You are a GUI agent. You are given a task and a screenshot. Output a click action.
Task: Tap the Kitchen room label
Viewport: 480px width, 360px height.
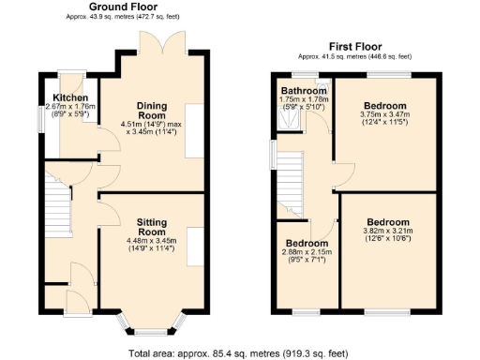(x=70, y=97)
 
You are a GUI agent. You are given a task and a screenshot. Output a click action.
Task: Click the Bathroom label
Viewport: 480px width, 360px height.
(x=303, y=91)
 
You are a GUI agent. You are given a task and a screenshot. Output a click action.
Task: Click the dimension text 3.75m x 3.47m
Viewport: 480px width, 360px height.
(x=385, y=114)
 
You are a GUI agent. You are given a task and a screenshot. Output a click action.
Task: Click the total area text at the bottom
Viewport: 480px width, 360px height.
(x=238, y=353)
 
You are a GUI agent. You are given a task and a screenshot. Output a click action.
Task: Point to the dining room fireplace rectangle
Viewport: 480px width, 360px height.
(x=196, y=130)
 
